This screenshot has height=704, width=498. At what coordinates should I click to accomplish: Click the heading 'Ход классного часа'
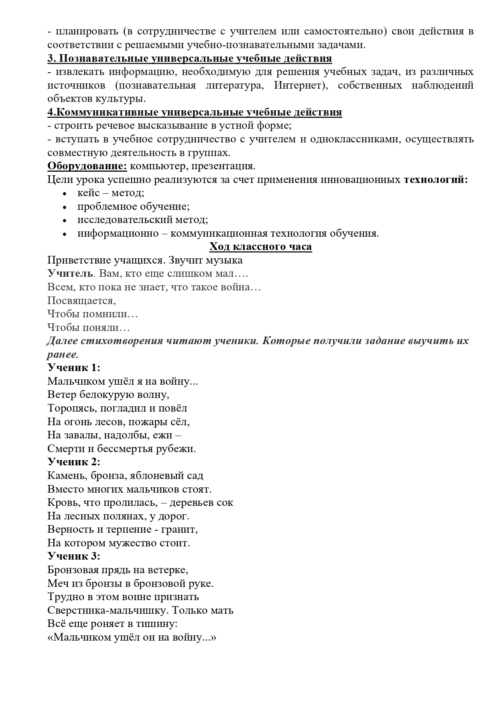coord(260,246)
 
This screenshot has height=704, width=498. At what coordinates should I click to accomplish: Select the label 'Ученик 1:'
coord(73,367)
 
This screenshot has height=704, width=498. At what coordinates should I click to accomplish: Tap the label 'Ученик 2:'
coord(73,462)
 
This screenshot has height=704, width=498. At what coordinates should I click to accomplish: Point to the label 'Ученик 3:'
coord(73,556)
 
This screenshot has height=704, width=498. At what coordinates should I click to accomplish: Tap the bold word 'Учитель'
coord(70,274)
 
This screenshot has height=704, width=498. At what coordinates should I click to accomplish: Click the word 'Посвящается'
coord(81,300)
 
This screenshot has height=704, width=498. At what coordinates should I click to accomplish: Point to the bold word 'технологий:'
coord(435,179)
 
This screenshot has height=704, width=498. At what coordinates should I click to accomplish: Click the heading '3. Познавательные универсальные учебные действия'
coord(189,58)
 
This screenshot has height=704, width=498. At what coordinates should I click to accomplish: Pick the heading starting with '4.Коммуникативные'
coord(195,112)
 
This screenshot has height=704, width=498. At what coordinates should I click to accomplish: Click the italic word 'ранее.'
coord(63,354)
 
